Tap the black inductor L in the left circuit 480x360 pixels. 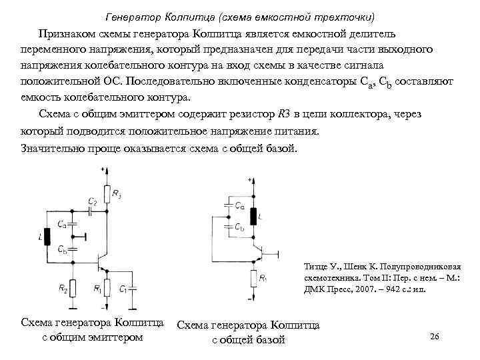click(x=46, y=237)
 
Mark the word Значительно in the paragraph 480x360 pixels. click(x=53, y=147)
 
